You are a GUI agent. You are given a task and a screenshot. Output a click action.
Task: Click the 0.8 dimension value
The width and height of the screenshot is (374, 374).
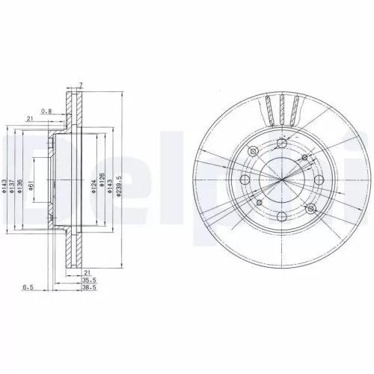[47, 111]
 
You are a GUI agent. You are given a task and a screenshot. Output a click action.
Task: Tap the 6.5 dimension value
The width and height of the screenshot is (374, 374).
[28, 286]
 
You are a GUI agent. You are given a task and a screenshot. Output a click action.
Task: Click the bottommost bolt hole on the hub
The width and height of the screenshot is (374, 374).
[281, 215]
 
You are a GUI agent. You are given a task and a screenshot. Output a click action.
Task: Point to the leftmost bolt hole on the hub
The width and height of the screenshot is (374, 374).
[244, 180]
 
